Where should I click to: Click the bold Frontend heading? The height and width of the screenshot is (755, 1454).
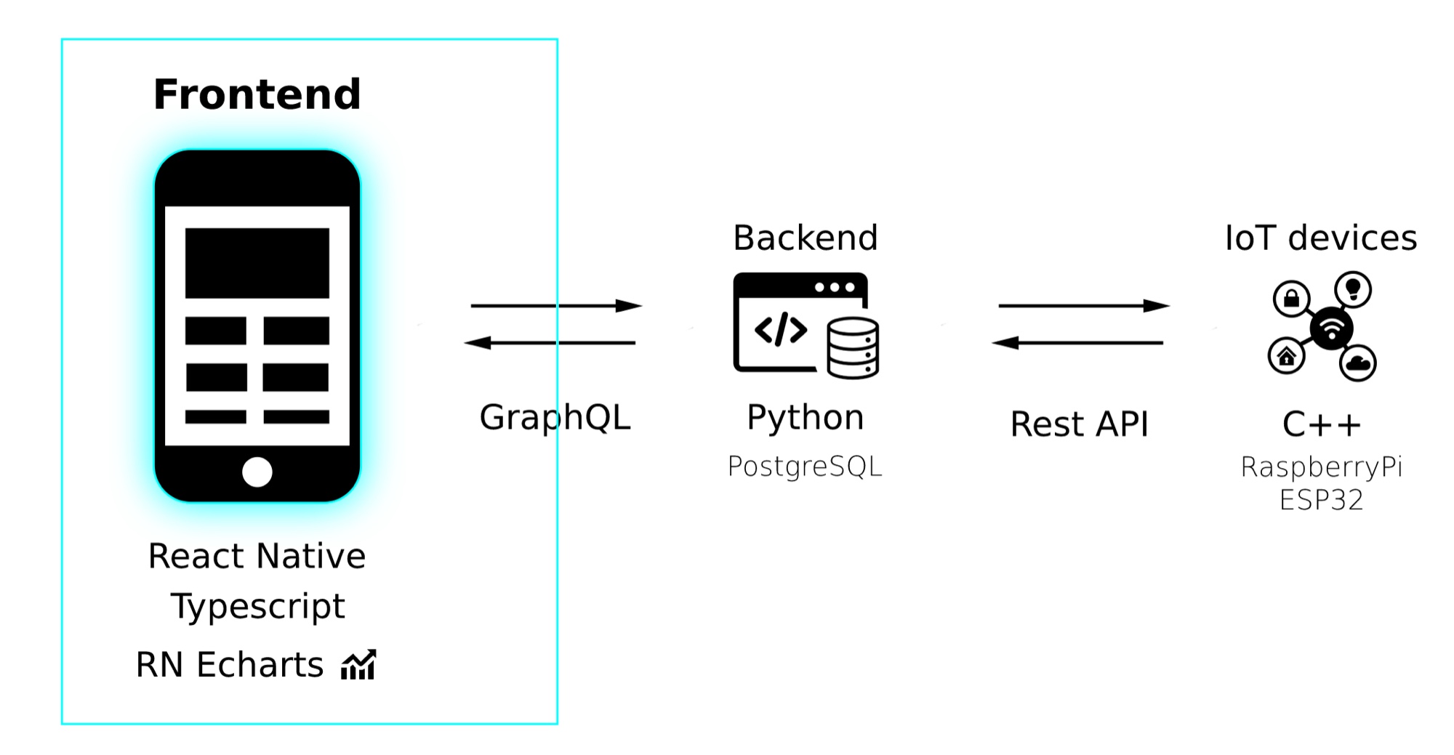point(257,94)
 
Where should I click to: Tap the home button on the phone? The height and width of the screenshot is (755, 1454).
point(257,472)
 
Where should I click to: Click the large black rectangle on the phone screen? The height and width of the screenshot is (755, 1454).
point(257,263)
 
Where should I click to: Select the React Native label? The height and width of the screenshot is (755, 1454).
point(257,556)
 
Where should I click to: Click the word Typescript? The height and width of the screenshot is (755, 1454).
point(257,607)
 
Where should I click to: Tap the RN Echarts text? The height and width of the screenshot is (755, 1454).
point(230,665)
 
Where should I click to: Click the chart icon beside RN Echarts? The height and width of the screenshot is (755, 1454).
point(359,664)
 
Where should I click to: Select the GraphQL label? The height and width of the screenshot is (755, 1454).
point(555,418)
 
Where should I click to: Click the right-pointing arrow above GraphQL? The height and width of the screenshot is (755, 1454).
point(557,306)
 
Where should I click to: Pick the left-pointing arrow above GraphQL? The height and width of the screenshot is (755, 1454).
point(550,342)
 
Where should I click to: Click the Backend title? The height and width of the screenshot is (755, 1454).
point(806,238)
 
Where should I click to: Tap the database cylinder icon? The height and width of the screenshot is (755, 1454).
point(853,348)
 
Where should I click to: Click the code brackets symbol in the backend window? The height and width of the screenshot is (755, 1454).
point(781,330)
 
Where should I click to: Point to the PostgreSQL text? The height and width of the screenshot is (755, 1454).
point(805,467)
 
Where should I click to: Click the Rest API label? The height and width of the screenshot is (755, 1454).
point(1080,424)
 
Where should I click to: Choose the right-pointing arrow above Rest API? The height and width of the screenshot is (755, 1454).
point(1085,306)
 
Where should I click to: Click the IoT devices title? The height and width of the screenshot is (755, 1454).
point(1321,238)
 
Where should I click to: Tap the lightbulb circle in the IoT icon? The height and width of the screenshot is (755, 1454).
point(1353,289)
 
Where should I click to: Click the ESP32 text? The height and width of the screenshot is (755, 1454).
point(1321,500)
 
